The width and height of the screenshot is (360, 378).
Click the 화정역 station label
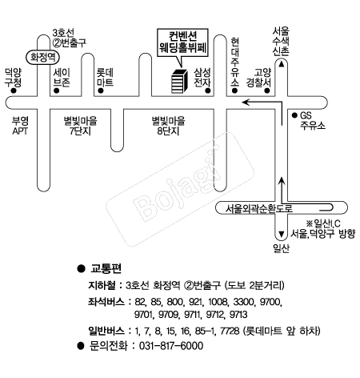pos(42,57)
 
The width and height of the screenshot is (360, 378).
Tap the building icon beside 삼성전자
pos(179,81)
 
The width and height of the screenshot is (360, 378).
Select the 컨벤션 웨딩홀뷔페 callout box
pos(182,43)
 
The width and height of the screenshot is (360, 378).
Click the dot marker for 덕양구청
pos(13,90)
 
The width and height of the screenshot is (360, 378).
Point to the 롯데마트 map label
pos(105,77)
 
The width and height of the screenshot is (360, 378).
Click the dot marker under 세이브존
pos(56,90)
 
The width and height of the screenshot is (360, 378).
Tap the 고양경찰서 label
pos(258,77)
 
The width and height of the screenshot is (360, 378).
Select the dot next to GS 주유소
pos(294,115)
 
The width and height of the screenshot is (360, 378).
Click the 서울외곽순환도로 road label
pos(259,208)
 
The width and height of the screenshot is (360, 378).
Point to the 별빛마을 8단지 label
pos(168,126)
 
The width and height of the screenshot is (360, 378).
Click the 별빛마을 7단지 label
pos(80,126)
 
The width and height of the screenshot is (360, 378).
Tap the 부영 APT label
pos(20,126)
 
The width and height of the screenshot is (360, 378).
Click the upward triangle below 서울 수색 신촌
pos(282,64)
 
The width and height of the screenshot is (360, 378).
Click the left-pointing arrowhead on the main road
pos(246,102)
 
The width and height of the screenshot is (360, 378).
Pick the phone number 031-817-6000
pos(171,346)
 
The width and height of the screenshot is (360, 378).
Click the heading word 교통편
pos(106,268)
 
